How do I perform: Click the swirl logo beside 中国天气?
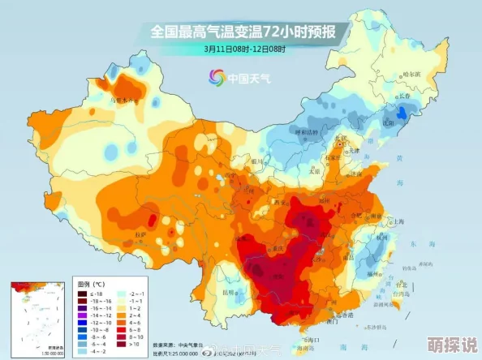click(x=217, y=77)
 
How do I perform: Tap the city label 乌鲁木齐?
click(x=123, y=100)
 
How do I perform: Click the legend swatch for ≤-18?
click(x=82, y=294)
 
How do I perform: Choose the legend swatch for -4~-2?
click(x=82, y=352)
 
